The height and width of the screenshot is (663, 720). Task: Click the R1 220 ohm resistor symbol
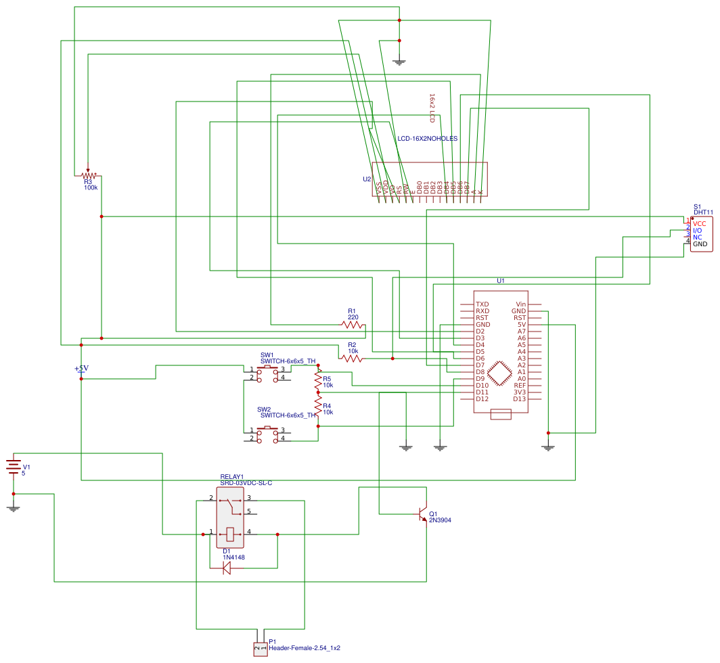353,325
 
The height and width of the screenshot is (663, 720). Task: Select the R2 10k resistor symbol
353,359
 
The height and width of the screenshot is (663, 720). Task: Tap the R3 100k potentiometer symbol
88,175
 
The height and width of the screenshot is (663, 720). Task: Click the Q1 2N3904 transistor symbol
423,514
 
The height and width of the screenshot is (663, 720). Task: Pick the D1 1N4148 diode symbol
227,568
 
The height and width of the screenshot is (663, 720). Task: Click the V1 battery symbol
14,467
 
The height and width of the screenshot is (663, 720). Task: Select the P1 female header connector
260,649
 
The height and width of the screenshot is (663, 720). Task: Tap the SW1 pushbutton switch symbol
267,373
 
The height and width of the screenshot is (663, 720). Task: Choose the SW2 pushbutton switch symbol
267,434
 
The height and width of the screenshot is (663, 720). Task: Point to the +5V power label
81,369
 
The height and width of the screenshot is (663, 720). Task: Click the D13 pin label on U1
519,399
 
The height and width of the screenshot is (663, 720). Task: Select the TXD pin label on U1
482,304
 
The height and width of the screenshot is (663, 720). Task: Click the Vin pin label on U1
520,304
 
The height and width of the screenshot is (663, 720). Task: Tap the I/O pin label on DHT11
697,230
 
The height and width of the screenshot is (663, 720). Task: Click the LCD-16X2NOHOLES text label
427,139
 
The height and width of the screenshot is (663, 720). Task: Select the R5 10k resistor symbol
318,382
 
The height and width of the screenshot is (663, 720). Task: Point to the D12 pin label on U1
482,399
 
